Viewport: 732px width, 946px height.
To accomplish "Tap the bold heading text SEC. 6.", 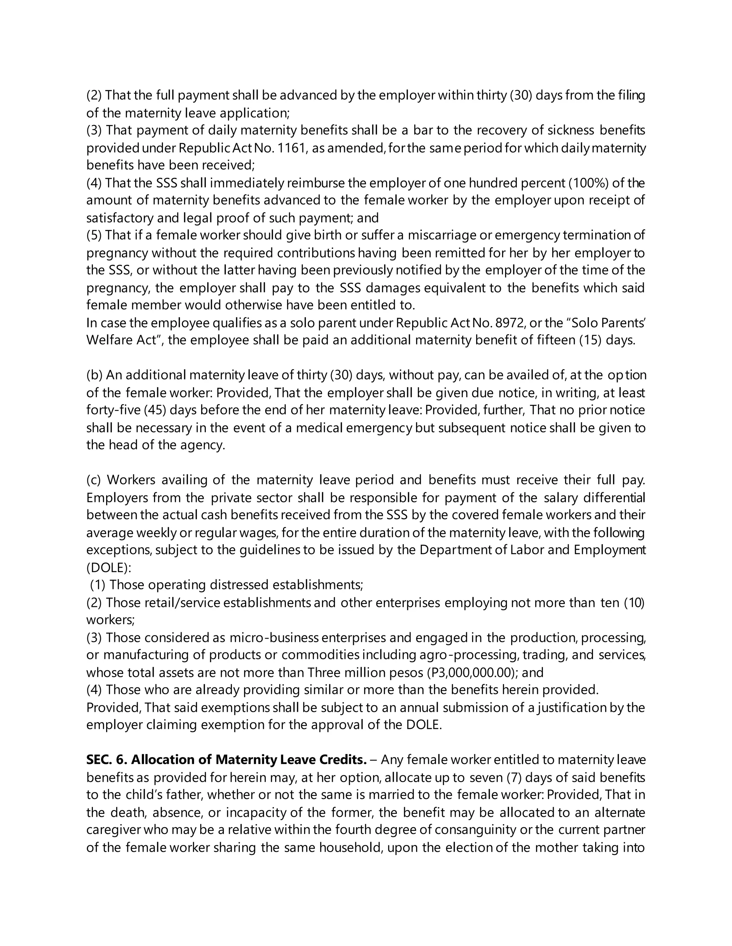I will (x=106, y=760).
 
